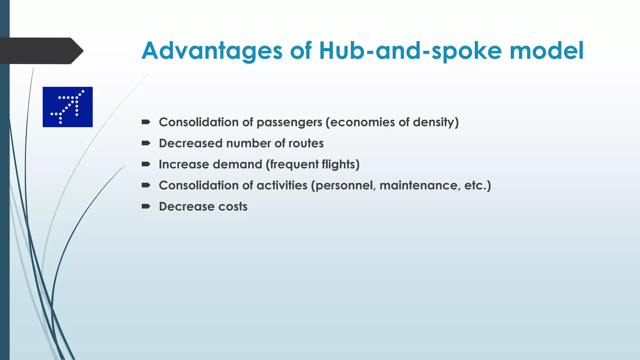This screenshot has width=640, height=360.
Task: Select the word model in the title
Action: [547, 51]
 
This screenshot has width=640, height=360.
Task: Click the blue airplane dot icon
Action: [67, 107]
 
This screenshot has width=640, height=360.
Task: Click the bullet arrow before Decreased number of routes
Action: [146, 143]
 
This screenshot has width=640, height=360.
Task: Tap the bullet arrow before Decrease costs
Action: [146, 207]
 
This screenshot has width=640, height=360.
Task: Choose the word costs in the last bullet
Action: [233, 207]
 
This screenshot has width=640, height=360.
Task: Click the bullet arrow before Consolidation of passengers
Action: [146, 122]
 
